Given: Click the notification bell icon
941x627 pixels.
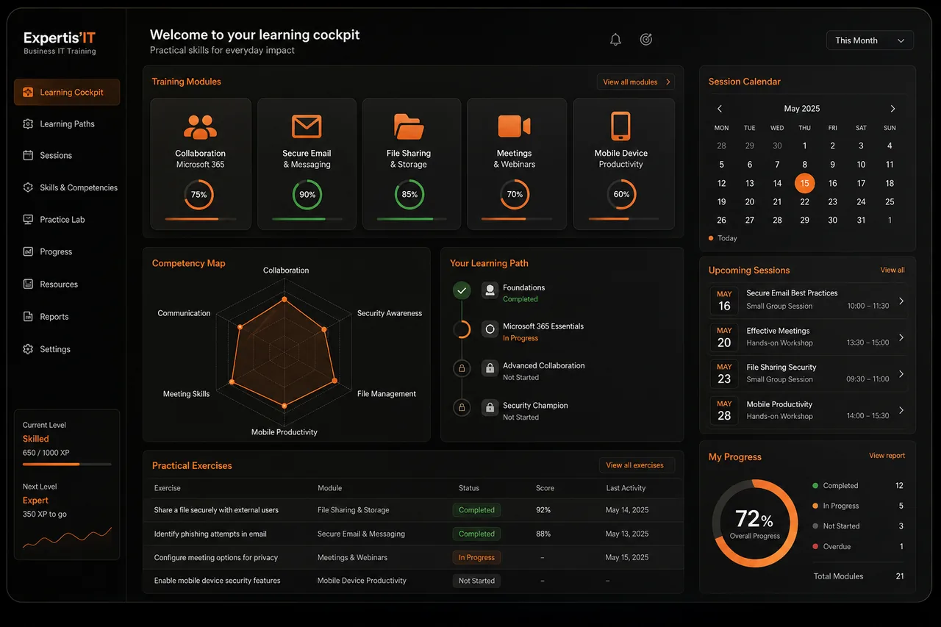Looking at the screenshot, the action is (x=615, y=40).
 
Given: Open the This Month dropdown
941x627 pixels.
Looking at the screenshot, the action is (x=870, y=40).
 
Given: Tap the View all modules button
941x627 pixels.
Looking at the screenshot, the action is (x=636, y=82).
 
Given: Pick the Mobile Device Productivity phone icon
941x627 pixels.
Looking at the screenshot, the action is (x=620, y=126).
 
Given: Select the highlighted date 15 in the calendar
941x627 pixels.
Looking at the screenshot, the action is (x=804, y=183).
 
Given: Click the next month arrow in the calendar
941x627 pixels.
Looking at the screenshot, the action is (x=892, y=109).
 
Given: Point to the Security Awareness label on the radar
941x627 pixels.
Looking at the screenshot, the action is (x=390, y=313).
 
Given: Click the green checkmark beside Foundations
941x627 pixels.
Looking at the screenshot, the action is (x=462, y=290).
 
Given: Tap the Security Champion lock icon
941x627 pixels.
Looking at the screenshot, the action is (x=490, y=407).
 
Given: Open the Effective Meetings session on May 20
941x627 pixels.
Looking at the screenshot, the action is (x=807, y=337).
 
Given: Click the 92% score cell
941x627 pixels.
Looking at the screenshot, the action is (x=543, y=510).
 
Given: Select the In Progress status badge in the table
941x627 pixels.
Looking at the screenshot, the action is (x=476, y=557).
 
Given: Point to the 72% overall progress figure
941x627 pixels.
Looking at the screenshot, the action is (x=754, y=519).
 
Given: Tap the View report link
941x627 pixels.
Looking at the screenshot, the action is (x=887, y=456).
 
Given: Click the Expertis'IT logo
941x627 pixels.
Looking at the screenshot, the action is (x=60, y=43).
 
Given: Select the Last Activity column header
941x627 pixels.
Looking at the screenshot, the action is (x=626, y=488).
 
